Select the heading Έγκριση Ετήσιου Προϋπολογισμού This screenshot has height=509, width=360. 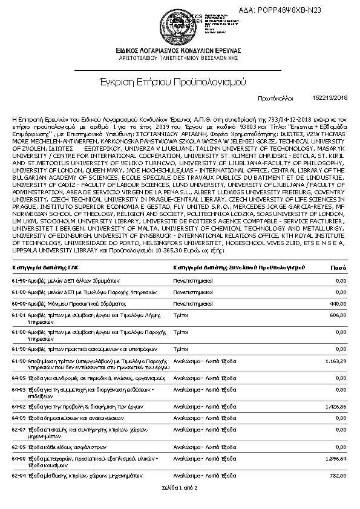[180, 80]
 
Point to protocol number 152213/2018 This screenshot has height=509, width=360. [330, 97]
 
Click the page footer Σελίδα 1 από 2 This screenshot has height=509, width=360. [180, 488]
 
